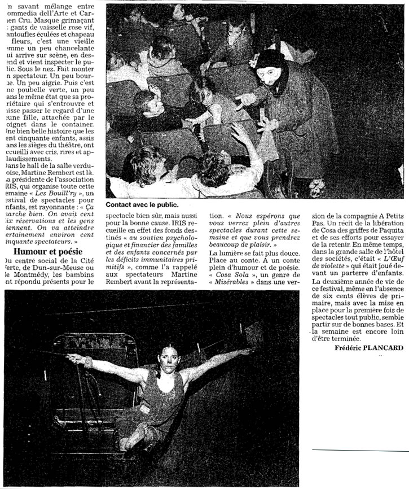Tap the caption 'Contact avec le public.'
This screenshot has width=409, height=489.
tap(142, 206)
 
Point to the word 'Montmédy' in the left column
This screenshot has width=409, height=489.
tap(31, 275)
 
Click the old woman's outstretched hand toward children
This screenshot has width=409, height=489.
tap(243, 103)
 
